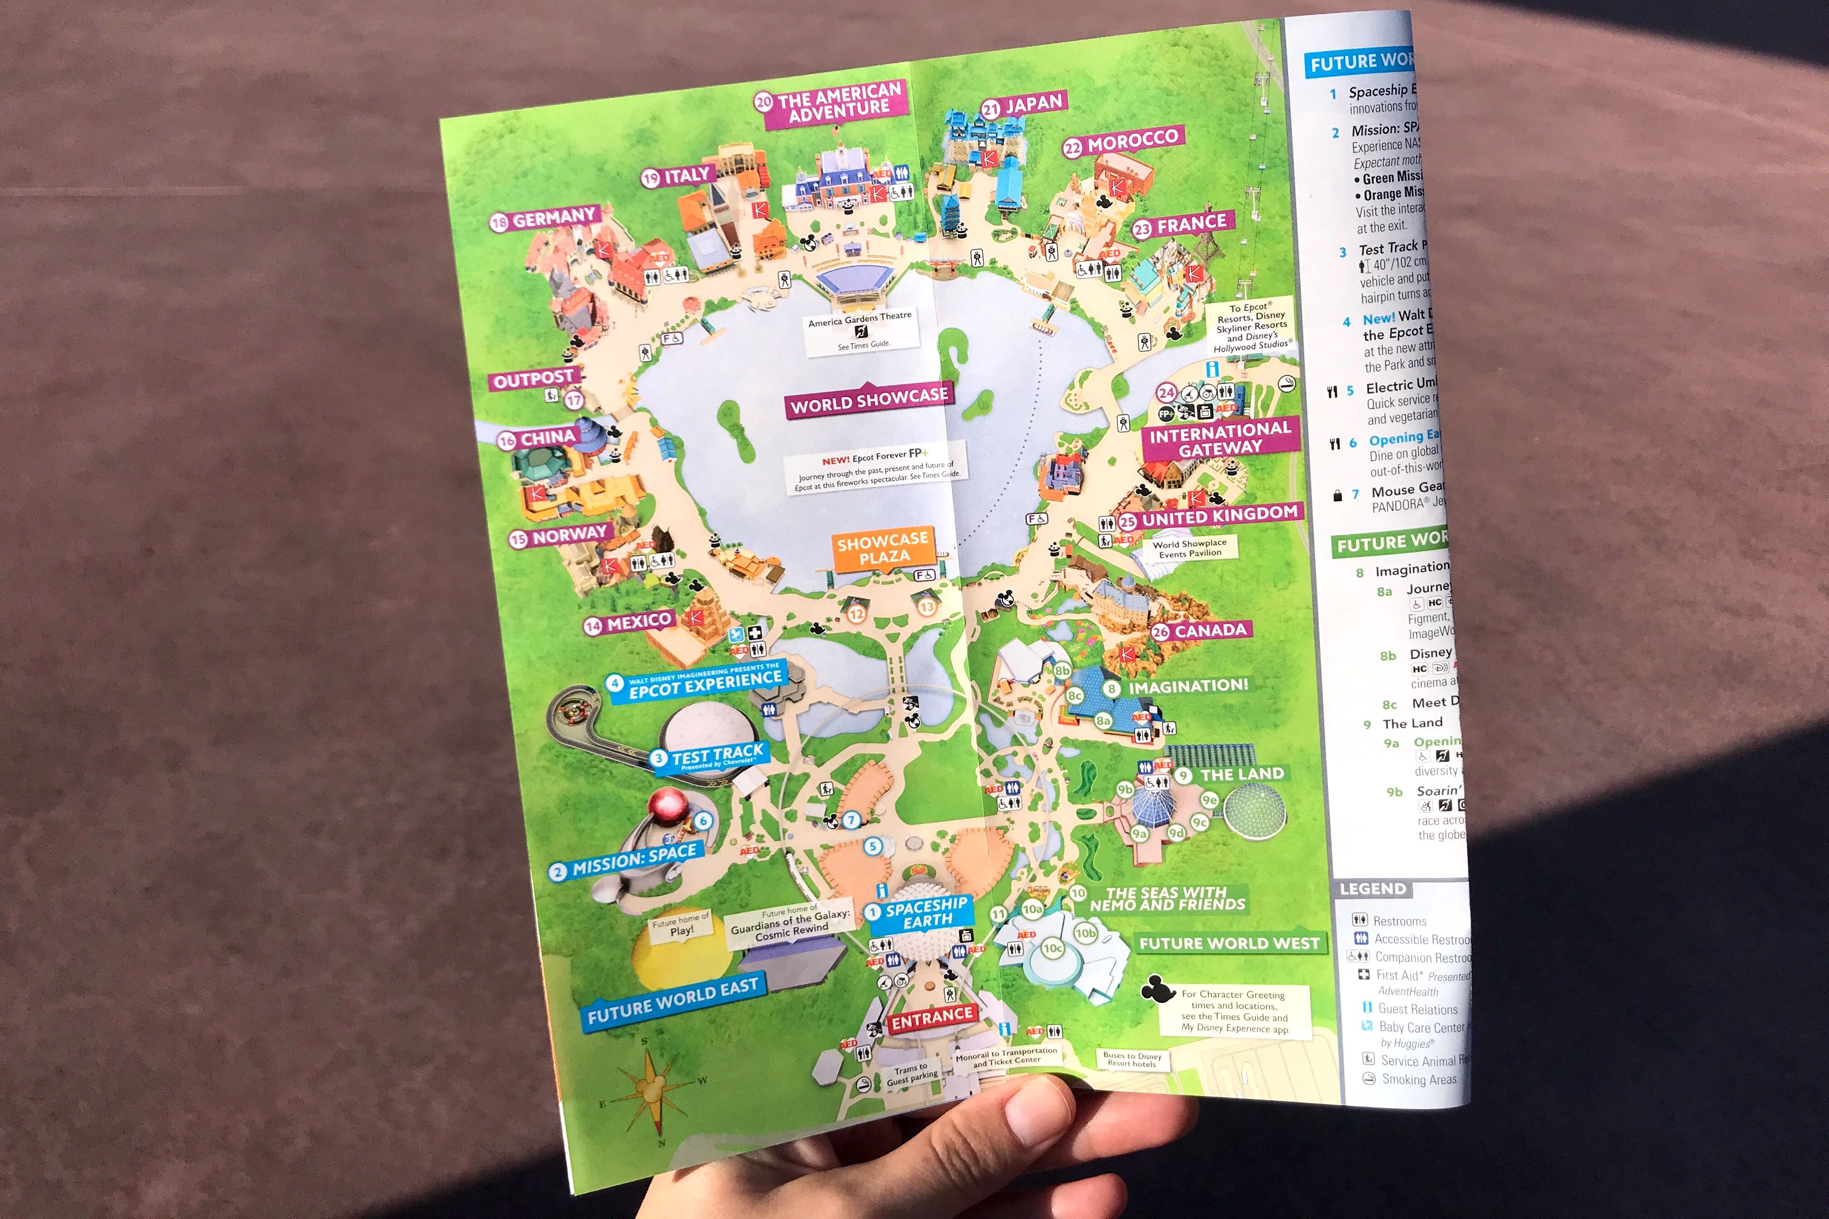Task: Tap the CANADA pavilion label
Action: click(x=1210, y=630)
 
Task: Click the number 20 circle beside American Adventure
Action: click(x=764, y=101)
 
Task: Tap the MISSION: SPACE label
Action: click(x=633, y=858)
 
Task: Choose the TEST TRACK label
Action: click(x=717, y=755)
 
